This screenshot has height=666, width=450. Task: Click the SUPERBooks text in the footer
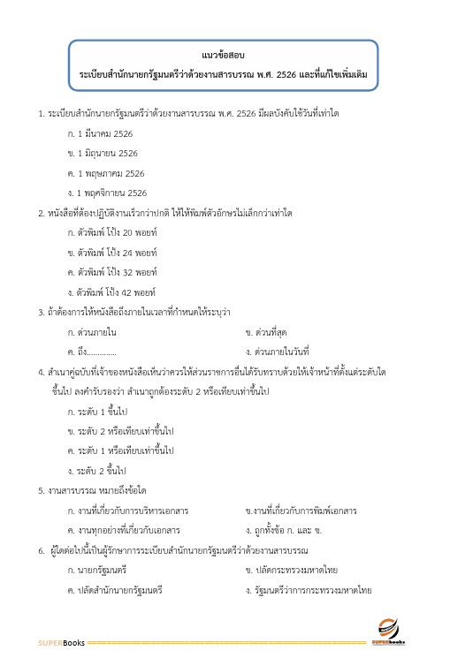(61, 642)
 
